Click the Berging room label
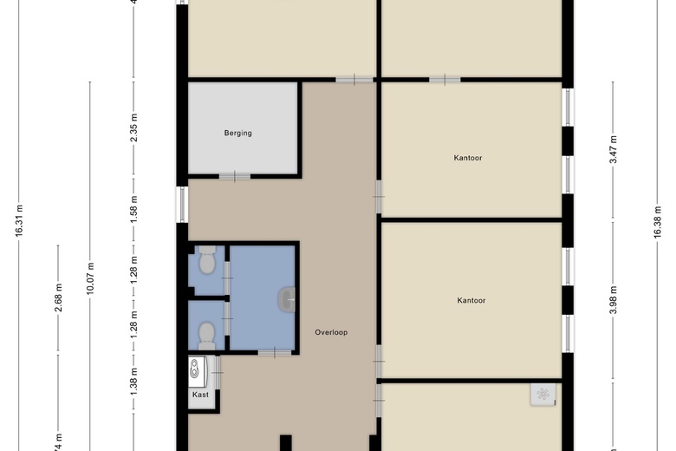[x=237, y=133]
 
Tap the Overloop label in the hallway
[x=331, y=332]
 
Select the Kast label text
[x=200, y=395]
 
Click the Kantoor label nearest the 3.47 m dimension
[x=468, y=158]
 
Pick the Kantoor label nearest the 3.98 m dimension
[x=471, y=301]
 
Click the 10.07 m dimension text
[x=90, y=278]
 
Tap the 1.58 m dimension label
[x=133, y=209]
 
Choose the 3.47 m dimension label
[x=613, y=149]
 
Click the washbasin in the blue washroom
[x=287, y=300]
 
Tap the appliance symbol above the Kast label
[x=198, y=370]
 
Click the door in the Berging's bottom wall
[x=234, y=177]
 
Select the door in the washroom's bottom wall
[x=274, y=352]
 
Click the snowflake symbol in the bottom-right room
[x=543, y=395]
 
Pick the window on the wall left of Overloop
[x=182, y=204]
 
